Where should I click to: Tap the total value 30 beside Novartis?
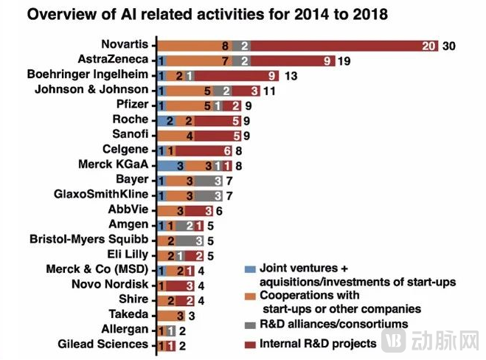pyautogui.click(x=450, y=46)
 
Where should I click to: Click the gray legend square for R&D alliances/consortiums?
pyautogui.click(x=251, y=324)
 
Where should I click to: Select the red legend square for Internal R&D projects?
pyautogui.click(x=251, y=344)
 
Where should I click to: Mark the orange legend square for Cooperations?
pyautogui.click(x=251, y=297)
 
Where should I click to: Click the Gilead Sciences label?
pyautogui.click(x=103, y=344)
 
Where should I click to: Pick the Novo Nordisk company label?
pyautogui.click(x=113, y=284)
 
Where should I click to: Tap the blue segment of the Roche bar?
pyautogui.click(x=169, y=120)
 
